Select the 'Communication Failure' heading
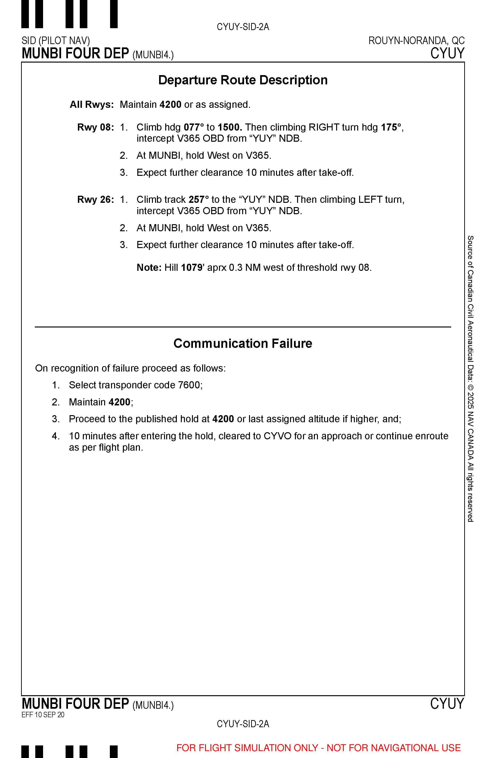tap(243, 344)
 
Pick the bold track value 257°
tap(199, 200)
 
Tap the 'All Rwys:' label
tap(92, 104)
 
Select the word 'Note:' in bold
tap(149, 268)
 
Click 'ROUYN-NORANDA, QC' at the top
tap(416, 41)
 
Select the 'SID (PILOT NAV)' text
tap(56, 41)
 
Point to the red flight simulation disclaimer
tap(318, 748)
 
